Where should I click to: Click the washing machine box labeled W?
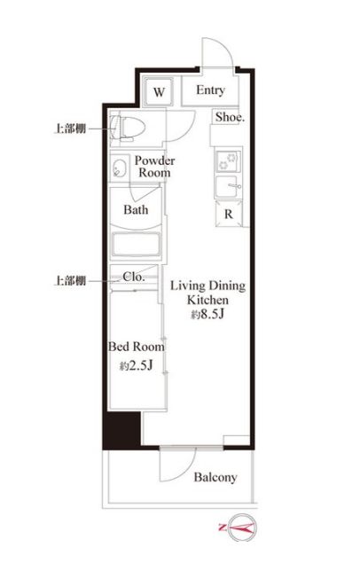pyautogui.click(x=159, y=91)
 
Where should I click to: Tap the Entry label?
pyautogui.click(x=210, y=90)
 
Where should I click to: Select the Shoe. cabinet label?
pyautogui.click(x=230, y=117)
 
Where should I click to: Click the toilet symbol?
pyautogui.click(x=128, y=129)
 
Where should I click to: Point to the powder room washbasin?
pyautogui.click(x=119, y=168)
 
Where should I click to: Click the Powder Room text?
pyautogui.click(x=154, y=167)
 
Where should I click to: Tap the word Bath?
pyautogui.click(x=136, y=210)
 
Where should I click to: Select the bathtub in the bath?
pyautogui.click(x=136, y=245)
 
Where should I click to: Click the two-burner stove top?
pyautogui.click(x=228, y=161)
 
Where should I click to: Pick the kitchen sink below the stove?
pyautogui.click(x=228, y=186)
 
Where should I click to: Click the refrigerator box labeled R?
pyautogui.click(x=228, y=214)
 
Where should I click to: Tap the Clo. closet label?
pyautogui.click(x=134, y=277)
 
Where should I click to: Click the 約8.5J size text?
pyautogui.click(x=207, y=314)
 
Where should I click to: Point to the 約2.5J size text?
pyautogui.click(x=137, y=365)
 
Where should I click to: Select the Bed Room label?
pyautogui.click(x=137, y=347)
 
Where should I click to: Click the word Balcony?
pyautogui.click(x=215, y=477)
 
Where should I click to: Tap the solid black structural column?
pyautogui.click(x=121, y=430)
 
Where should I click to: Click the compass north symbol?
pyautogui.click(x=242, y=527)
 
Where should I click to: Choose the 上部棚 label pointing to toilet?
pyautogui.click(x=70, y=129)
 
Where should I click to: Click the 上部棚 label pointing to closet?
pyautogui.click(x=70, y=281)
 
